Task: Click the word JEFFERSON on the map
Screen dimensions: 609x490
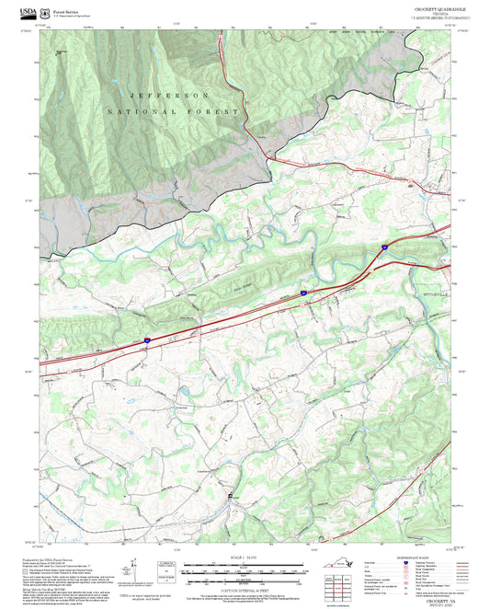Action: click(x=170, y=96)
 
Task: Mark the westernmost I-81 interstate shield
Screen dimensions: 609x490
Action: click(x=146, y=340)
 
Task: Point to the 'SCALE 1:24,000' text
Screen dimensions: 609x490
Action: click(x=245, y=557)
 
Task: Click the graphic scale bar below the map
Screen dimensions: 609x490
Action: click(x=245, y=568)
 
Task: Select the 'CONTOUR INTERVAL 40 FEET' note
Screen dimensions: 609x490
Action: click(x=245, y=586)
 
